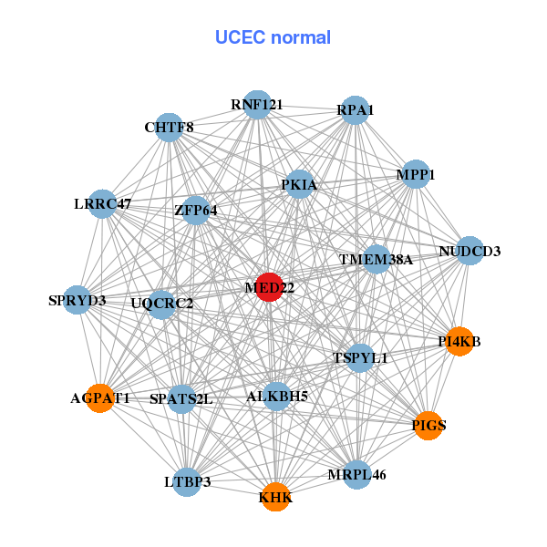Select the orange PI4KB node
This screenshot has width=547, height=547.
459,342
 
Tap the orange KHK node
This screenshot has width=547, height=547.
275,497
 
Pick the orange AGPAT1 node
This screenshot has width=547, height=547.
100,398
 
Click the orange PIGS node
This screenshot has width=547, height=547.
428,425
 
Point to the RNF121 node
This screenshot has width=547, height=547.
257,105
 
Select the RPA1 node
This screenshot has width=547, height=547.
356,110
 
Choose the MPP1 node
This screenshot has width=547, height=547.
416,174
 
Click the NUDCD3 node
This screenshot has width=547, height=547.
470,251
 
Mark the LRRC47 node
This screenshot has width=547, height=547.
103,204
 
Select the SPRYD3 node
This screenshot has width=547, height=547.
77,300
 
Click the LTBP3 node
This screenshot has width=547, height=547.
187,481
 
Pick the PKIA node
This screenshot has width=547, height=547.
299,185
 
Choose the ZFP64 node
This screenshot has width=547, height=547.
196,211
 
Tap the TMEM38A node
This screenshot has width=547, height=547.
376,259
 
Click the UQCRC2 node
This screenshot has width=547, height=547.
161,304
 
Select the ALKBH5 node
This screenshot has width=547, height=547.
277,396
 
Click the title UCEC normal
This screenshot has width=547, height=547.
273,37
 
